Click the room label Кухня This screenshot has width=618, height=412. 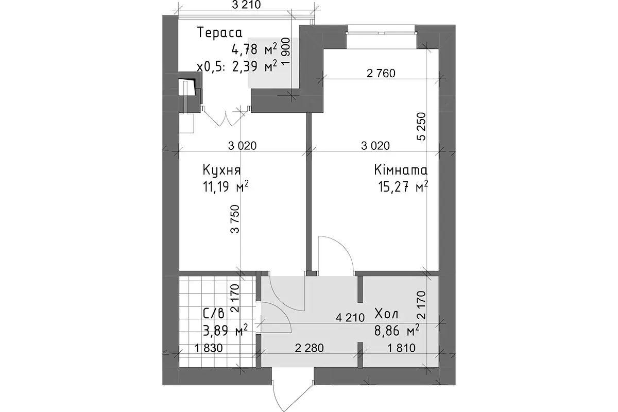221,170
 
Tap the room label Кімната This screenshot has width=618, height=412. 401,170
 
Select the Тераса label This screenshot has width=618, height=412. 220,32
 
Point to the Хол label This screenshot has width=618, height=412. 387,314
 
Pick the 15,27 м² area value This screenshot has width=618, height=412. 403,187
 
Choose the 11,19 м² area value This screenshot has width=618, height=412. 226,187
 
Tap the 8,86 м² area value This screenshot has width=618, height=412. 397,330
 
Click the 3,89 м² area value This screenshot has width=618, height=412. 226,330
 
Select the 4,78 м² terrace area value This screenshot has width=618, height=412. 254,50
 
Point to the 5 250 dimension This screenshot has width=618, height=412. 422,126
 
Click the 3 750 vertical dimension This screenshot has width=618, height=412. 235,219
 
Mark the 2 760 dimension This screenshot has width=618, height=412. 381,74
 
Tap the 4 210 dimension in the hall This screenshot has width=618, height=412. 350,318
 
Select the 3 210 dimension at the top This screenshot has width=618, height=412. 246,5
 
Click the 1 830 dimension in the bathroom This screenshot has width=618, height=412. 209,348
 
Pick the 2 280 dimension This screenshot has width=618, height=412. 310,348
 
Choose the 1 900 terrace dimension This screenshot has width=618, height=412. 286,51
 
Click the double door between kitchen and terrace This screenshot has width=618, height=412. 226,117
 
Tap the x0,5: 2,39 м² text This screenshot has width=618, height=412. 237,66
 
